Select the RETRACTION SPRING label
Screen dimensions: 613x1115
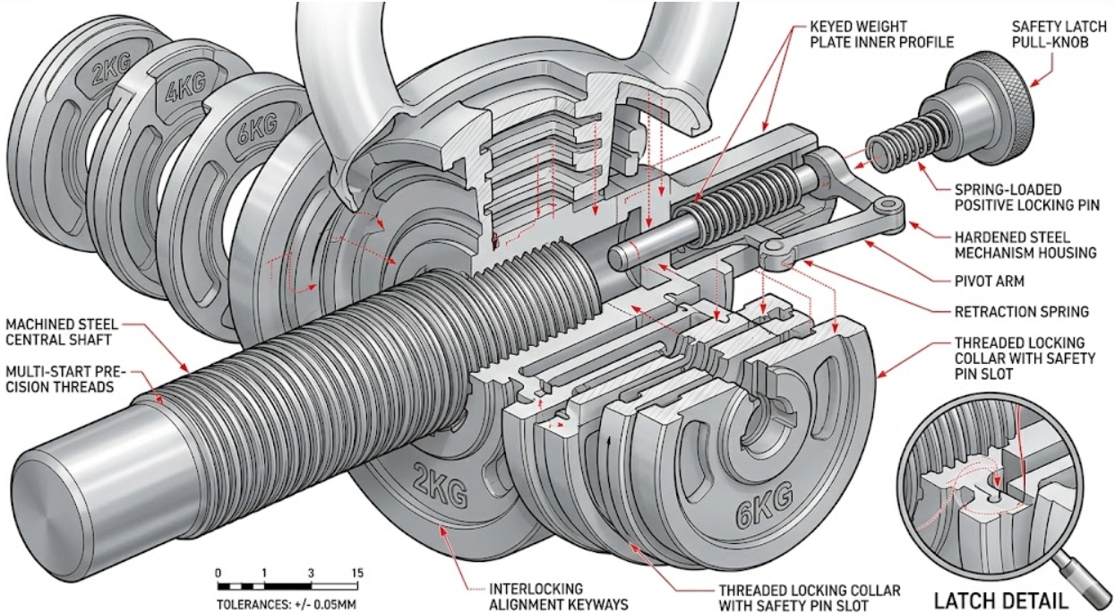point(1009,312)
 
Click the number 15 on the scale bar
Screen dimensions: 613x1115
point(357,573)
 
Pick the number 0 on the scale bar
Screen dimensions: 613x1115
point(219,573)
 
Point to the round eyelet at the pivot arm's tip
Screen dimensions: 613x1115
point(888,207)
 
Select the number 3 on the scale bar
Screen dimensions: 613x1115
point(310,573)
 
